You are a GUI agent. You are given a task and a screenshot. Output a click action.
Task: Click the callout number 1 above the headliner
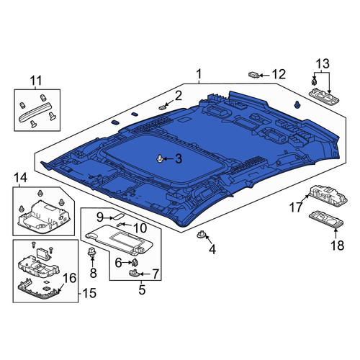(199, 74)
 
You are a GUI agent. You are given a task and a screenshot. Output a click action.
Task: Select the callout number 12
(279, 75)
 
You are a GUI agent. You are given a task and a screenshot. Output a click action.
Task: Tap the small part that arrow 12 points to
(253, 75)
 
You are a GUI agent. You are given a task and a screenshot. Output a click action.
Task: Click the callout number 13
(323, 64)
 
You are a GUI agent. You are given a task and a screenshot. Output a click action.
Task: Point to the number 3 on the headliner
(179, 159)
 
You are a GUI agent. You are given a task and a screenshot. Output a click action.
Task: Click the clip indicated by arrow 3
(160, 158)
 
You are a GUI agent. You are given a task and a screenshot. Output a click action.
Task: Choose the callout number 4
(212, 250)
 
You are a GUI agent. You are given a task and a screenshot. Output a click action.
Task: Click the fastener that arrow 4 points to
(201, 235)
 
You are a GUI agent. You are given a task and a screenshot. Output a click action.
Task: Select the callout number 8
(93, 273)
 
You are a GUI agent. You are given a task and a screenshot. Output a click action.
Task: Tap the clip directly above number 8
(91, 253)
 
